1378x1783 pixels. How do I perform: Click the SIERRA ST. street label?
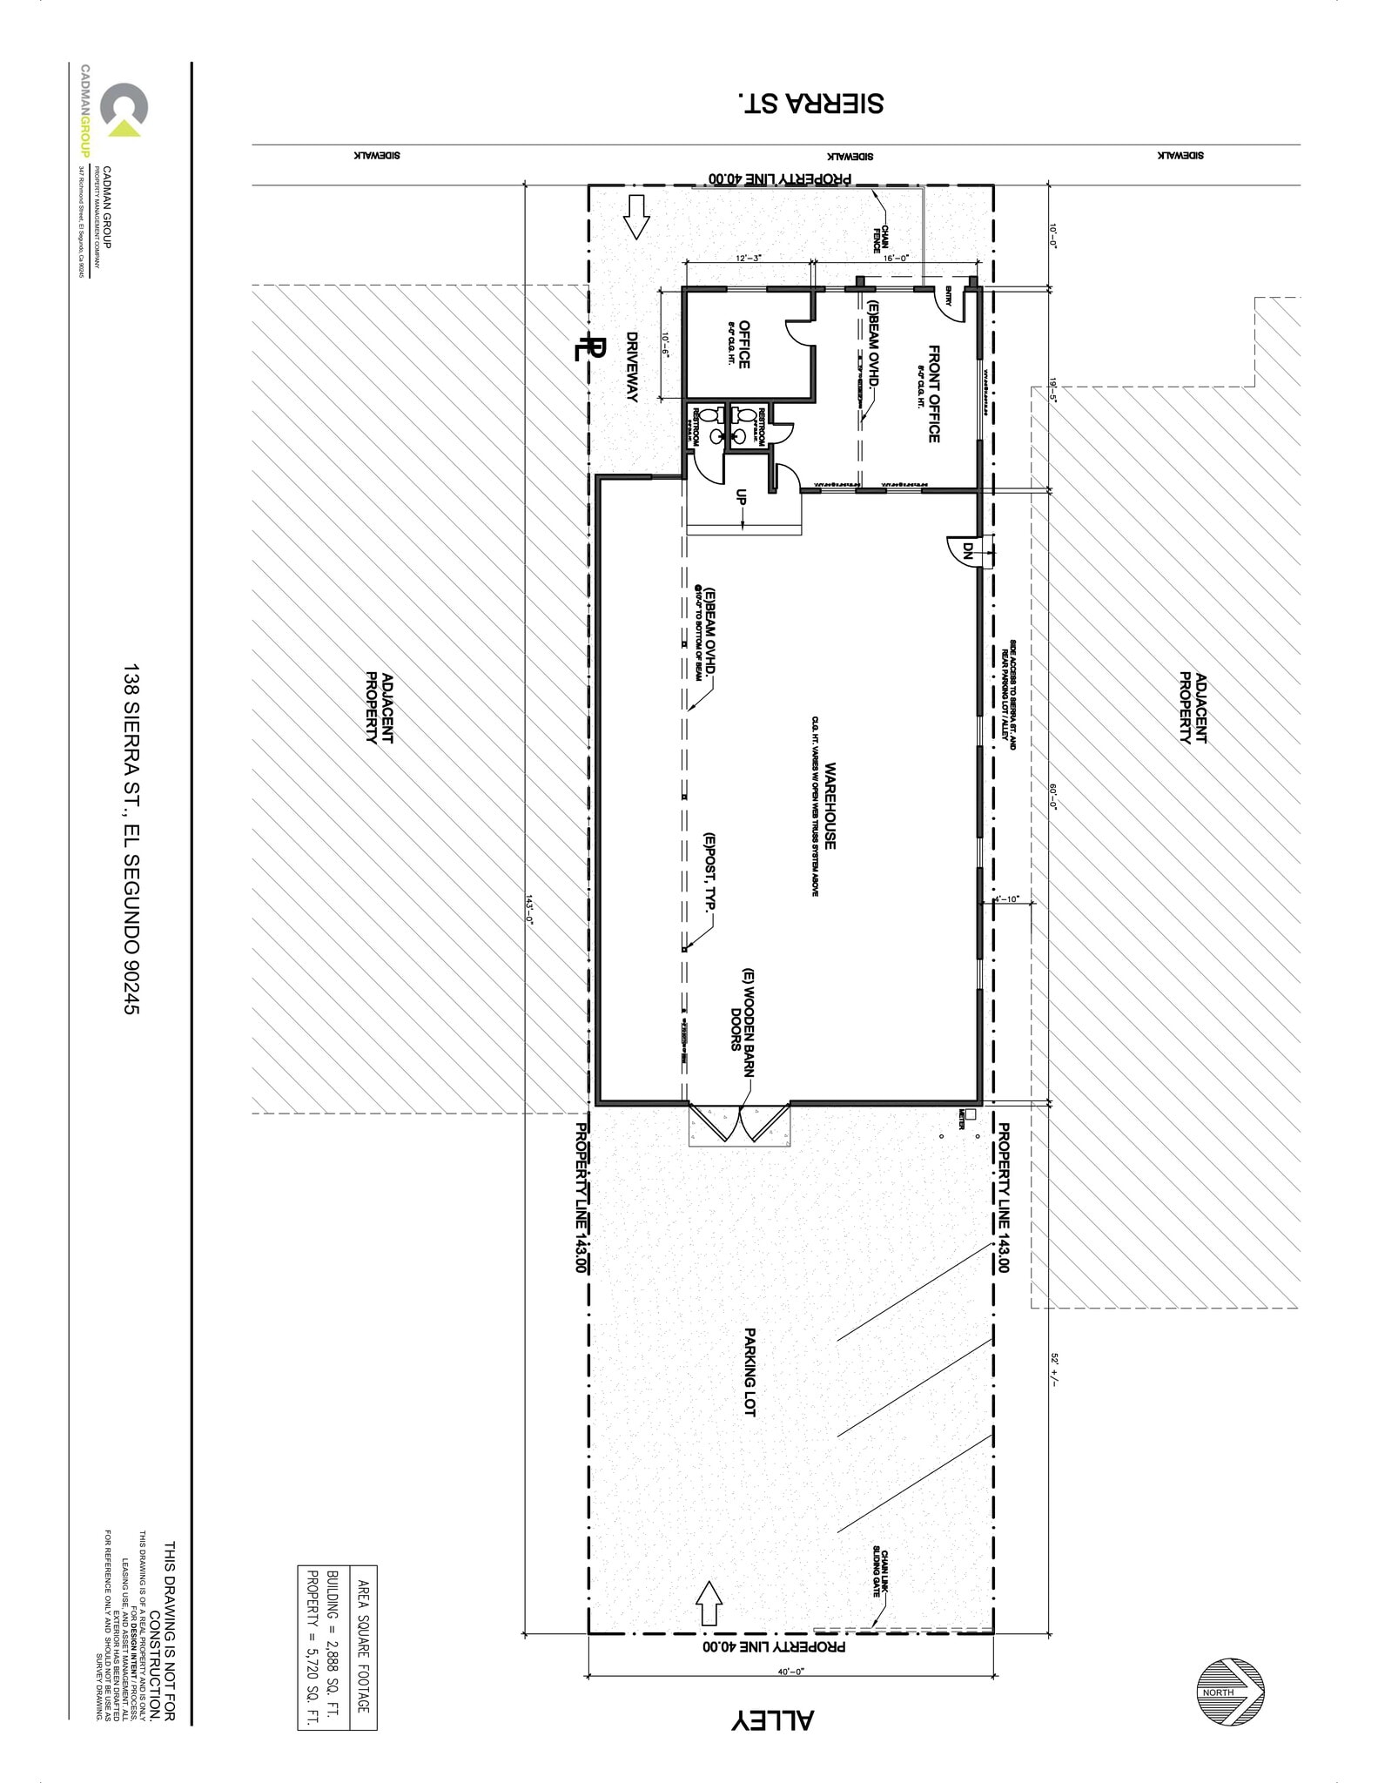pos(810,103)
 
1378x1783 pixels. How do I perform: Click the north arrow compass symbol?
pos(1230,1692)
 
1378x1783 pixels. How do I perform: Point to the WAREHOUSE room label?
pos(830,806)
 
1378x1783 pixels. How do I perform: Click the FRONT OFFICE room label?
pos(933,394)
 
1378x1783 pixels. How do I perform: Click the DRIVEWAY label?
pos(632,367)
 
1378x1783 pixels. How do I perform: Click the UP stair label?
pos(742,496)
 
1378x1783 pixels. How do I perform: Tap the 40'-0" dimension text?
pos(790,1671)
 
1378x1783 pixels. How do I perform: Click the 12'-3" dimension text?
pos(749,258)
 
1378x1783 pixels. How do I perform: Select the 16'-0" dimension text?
pos(896,258)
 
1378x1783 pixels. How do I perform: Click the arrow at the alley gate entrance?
pos(709,1603)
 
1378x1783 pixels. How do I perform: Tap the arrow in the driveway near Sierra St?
pos(636,217)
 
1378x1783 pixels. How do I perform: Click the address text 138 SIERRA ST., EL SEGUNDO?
pos(131,840)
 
